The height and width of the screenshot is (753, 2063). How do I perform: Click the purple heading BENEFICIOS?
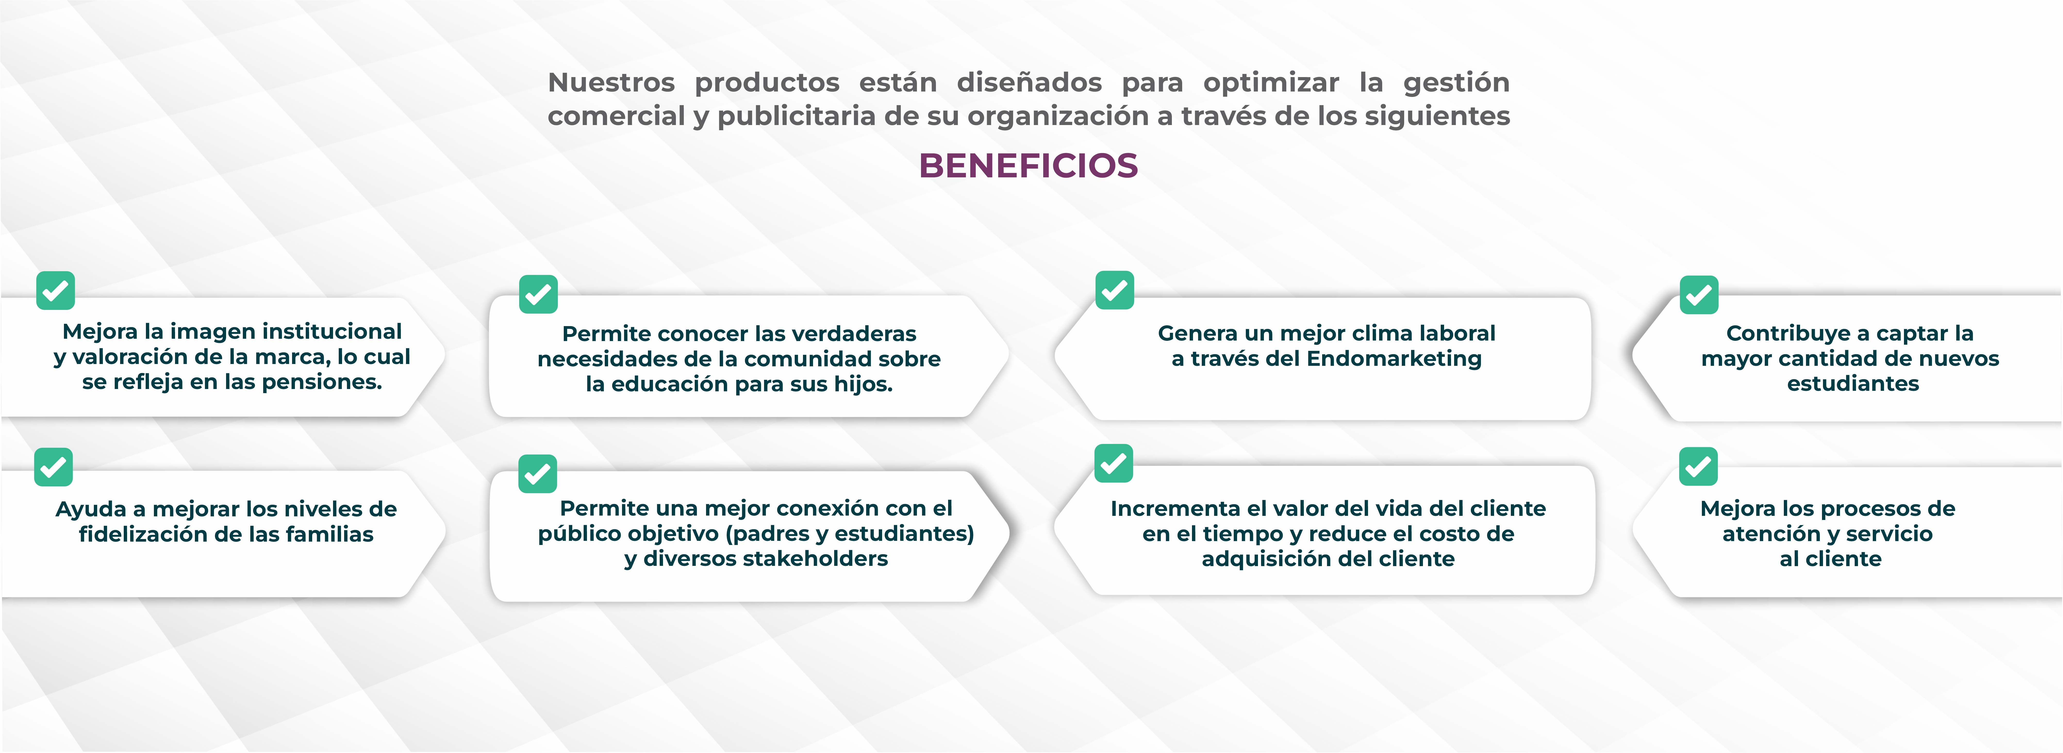click(x=1028, y=166)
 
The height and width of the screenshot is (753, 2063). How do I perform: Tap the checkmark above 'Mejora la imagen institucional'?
click(x=55, y=290)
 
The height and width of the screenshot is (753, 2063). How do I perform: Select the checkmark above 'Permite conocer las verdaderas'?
click(x=538, y=294)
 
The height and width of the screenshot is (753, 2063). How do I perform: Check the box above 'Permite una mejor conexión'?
click(x=537, y=474)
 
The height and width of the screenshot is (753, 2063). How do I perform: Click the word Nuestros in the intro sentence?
click(x=611, y=82)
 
